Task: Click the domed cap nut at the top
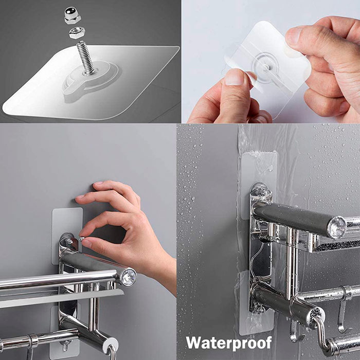(x=73, y=15)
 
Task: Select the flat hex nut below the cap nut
(x=77, y=32)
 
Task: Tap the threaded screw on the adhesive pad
(x=86, y=58)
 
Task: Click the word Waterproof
(x=229, y=343)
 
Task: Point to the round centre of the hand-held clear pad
(x=266, y=67)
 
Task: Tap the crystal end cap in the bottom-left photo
(x=129, y=277)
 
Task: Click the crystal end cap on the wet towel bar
(x=336, y=227)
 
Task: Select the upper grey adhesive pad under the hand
(x=67, y=236)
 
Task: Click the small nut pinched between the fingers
(x=81, y=239)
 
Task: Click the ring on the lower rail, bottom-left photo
(x=33, y=340)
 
